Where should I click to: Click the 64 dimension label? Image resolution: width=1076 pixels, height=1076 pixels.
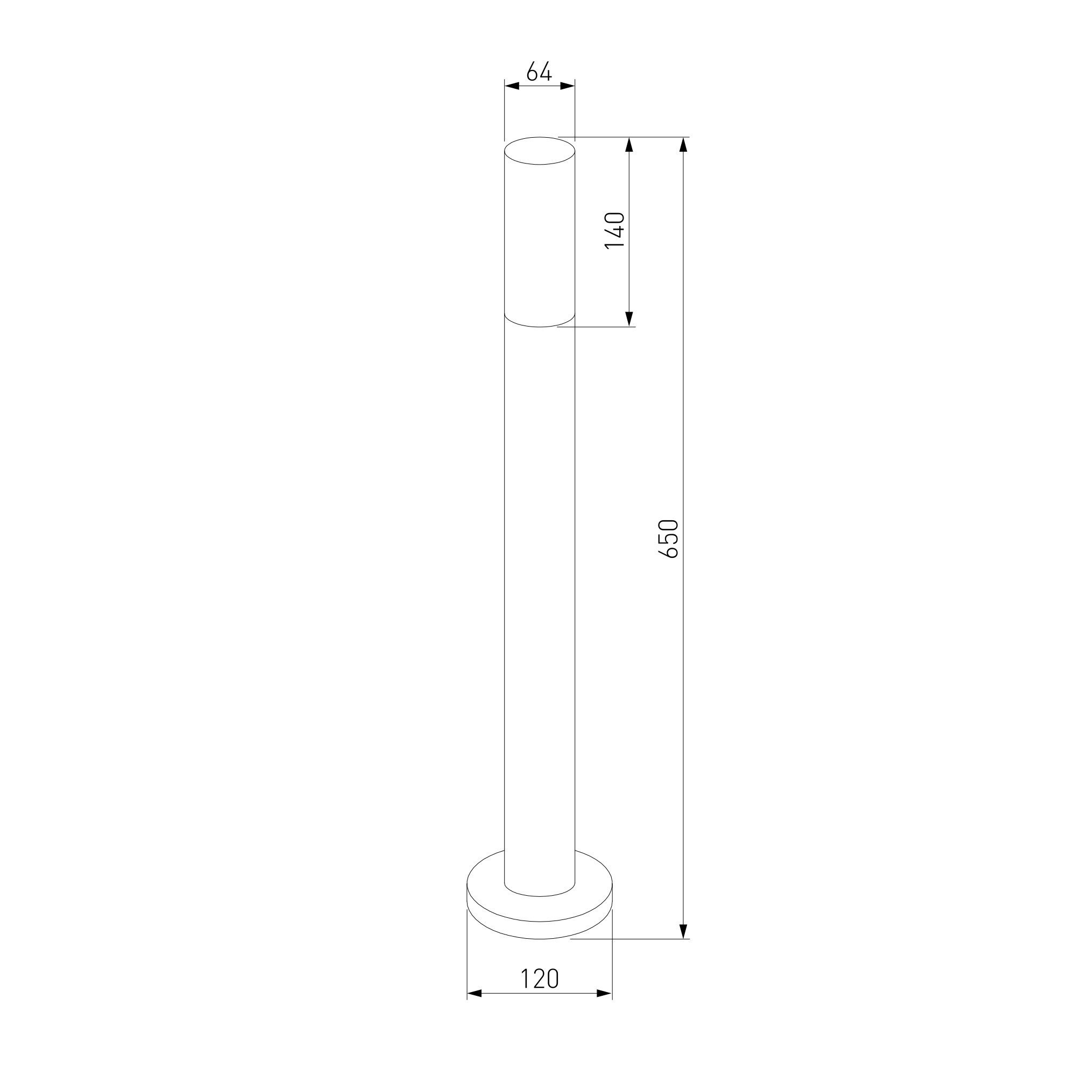(x=539, y=72)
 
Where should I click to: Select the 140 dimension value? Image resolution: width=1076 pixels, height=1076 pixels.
(x=615, y=231)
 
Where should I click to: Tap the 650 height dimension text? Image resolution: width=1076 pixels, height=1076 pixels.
(x=668, y=539)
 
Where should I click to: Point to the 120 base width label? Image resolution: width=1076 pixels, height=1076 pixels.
(x=540, y=979)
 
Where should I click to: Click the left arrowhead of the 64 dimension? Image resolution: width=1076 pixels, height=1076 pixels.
(x=512, y=86)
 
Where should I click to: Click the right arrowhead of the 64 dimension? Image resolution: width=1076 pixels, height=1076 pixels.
(x=568, y=86)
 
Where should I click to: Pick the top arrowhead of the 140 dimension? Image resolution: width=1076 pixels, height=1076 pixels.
(x=629, y=144)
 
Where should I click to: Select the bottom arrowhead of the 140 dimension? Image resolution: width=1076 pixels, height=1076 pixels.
(x=629, y=319)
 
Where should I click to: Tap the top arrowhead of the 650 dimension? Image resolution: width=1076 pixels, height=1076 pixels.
(x=683, y=144)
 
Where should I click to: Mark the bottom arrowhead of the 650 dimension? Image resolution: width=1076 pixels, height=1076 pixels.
(x=683, y=931)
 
